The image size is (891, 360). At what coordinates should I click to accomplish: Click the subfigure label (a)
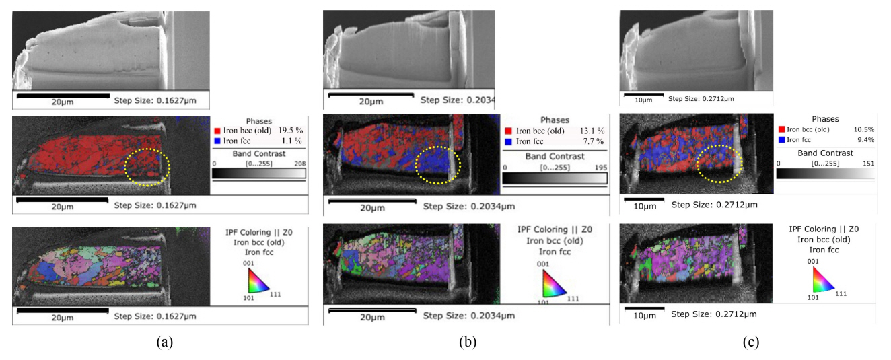point(164,342)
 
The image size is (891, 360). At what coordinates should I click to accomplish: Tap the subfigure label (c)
point(752,342)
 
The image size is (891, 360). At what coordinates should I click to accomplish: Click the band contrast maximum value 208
point(297,164)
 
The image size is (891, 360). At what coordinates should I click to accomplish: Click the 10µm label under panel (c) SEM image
point(644,100)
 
